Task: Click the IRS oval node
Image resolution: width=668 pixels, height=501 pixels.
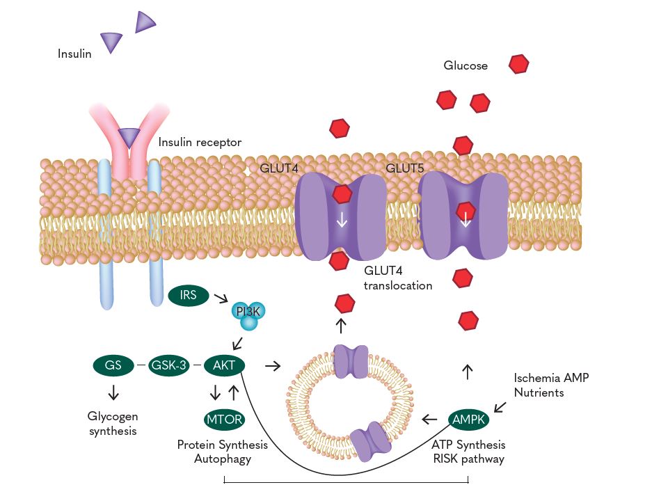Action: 189,295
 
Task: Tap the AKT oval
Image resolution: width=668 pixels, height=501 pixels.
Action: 224,365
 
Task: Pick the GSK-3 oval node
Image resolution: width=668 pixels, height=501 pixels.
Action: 169,365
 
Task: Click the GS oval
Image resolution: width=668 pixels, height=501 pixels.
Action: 113,365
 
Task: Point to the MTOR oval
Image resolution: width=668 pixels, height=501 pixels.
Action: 224,420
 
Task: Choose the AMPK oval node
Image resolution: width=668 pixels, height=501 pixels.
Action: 469,420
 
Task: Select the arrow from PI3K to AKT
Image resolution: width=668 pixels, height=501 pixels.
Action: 237,342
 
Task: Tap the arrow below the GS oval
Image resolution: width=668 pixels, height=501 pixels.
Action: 113,392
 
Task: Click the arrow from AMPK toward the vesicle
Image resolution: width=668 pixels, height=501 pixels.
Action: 430,420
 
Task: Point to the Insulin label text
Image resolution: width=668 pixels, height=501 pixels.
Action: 74,54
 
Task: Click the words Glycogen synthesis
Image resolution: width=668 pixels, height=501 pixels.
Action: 113,423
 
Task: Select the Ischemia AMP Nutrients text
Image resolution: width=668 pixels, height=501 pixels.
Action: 547,385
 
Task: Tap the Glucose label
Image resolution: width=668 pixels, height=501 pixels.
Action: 466,66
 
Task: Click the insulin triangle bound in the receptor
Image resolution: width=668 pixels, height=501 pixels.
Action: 129,137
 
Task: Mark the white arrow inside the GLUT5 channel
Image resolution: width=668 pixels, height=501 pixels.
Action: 466,221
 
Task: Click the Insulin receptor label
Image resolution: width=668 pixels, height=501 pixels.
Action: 200,143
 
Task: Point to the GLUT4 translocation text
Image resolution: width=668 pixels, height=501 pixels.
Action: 398,278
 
